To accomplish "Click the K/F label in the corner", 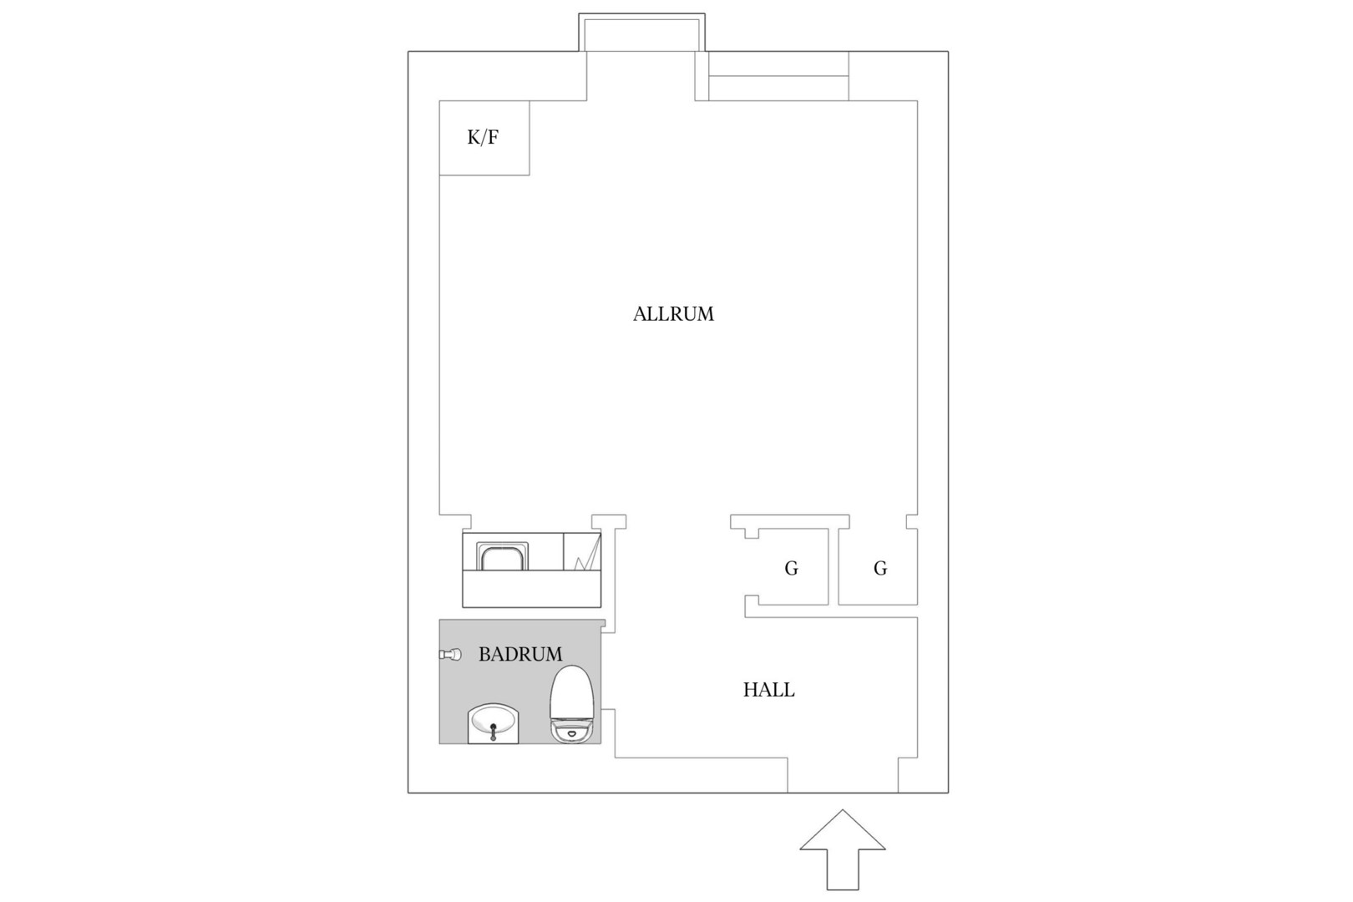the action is [483, 138].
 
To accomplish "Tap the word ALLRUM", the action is [673, 314].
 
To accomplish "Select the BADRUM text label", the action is [520, 654].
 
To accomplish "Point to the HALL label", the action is [768, 690].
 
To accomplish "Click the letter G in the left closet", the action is [791, 568].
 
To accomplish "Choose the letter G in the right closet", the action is [880, 568].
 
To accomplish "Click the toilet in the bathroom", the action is [571, 703].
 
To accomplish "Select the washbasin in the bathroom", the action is [493, 723].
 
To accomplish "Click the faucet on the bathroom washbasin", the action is [494, 732].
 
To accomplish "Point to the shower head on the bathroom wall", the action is [450, 654].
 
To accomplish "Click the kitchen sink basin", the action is [502, 556].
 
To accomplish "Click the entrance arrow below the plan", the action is [843, 849].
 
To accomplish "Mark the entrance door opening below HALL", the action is [843, 775].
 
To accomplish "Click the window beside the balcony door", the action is [778, 76].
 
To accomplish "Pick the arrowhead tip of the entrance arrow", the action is [843, 810].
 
